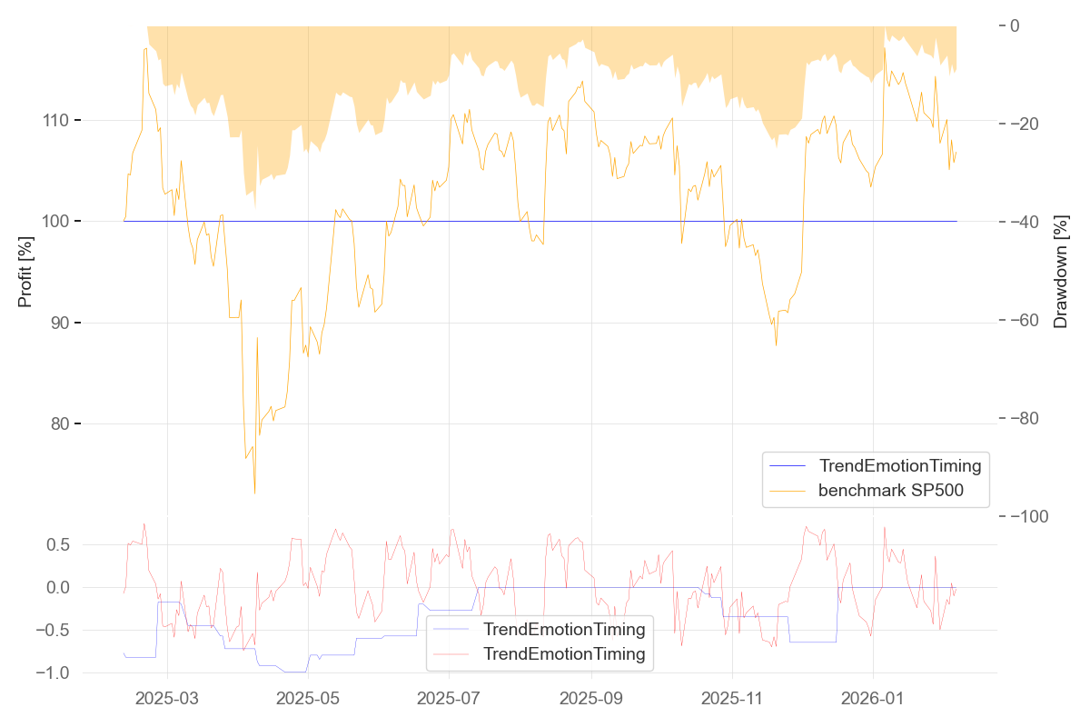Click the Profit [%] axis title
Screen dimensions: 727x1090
25,271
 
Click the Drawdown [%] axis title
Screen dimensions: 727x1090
1060,271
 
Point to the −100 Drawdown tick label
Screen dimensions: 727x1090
1036,516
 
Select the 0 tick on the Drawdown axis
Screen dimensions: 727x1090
1015,25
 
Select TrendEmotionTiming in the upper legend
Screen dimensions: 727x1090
899,466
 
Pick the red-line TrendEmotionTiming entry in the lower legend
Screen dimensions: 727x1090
564,653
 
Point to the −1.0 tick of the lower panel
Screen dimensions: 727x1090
54,672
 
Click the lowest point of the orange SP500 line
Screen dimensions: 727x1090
254,493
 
